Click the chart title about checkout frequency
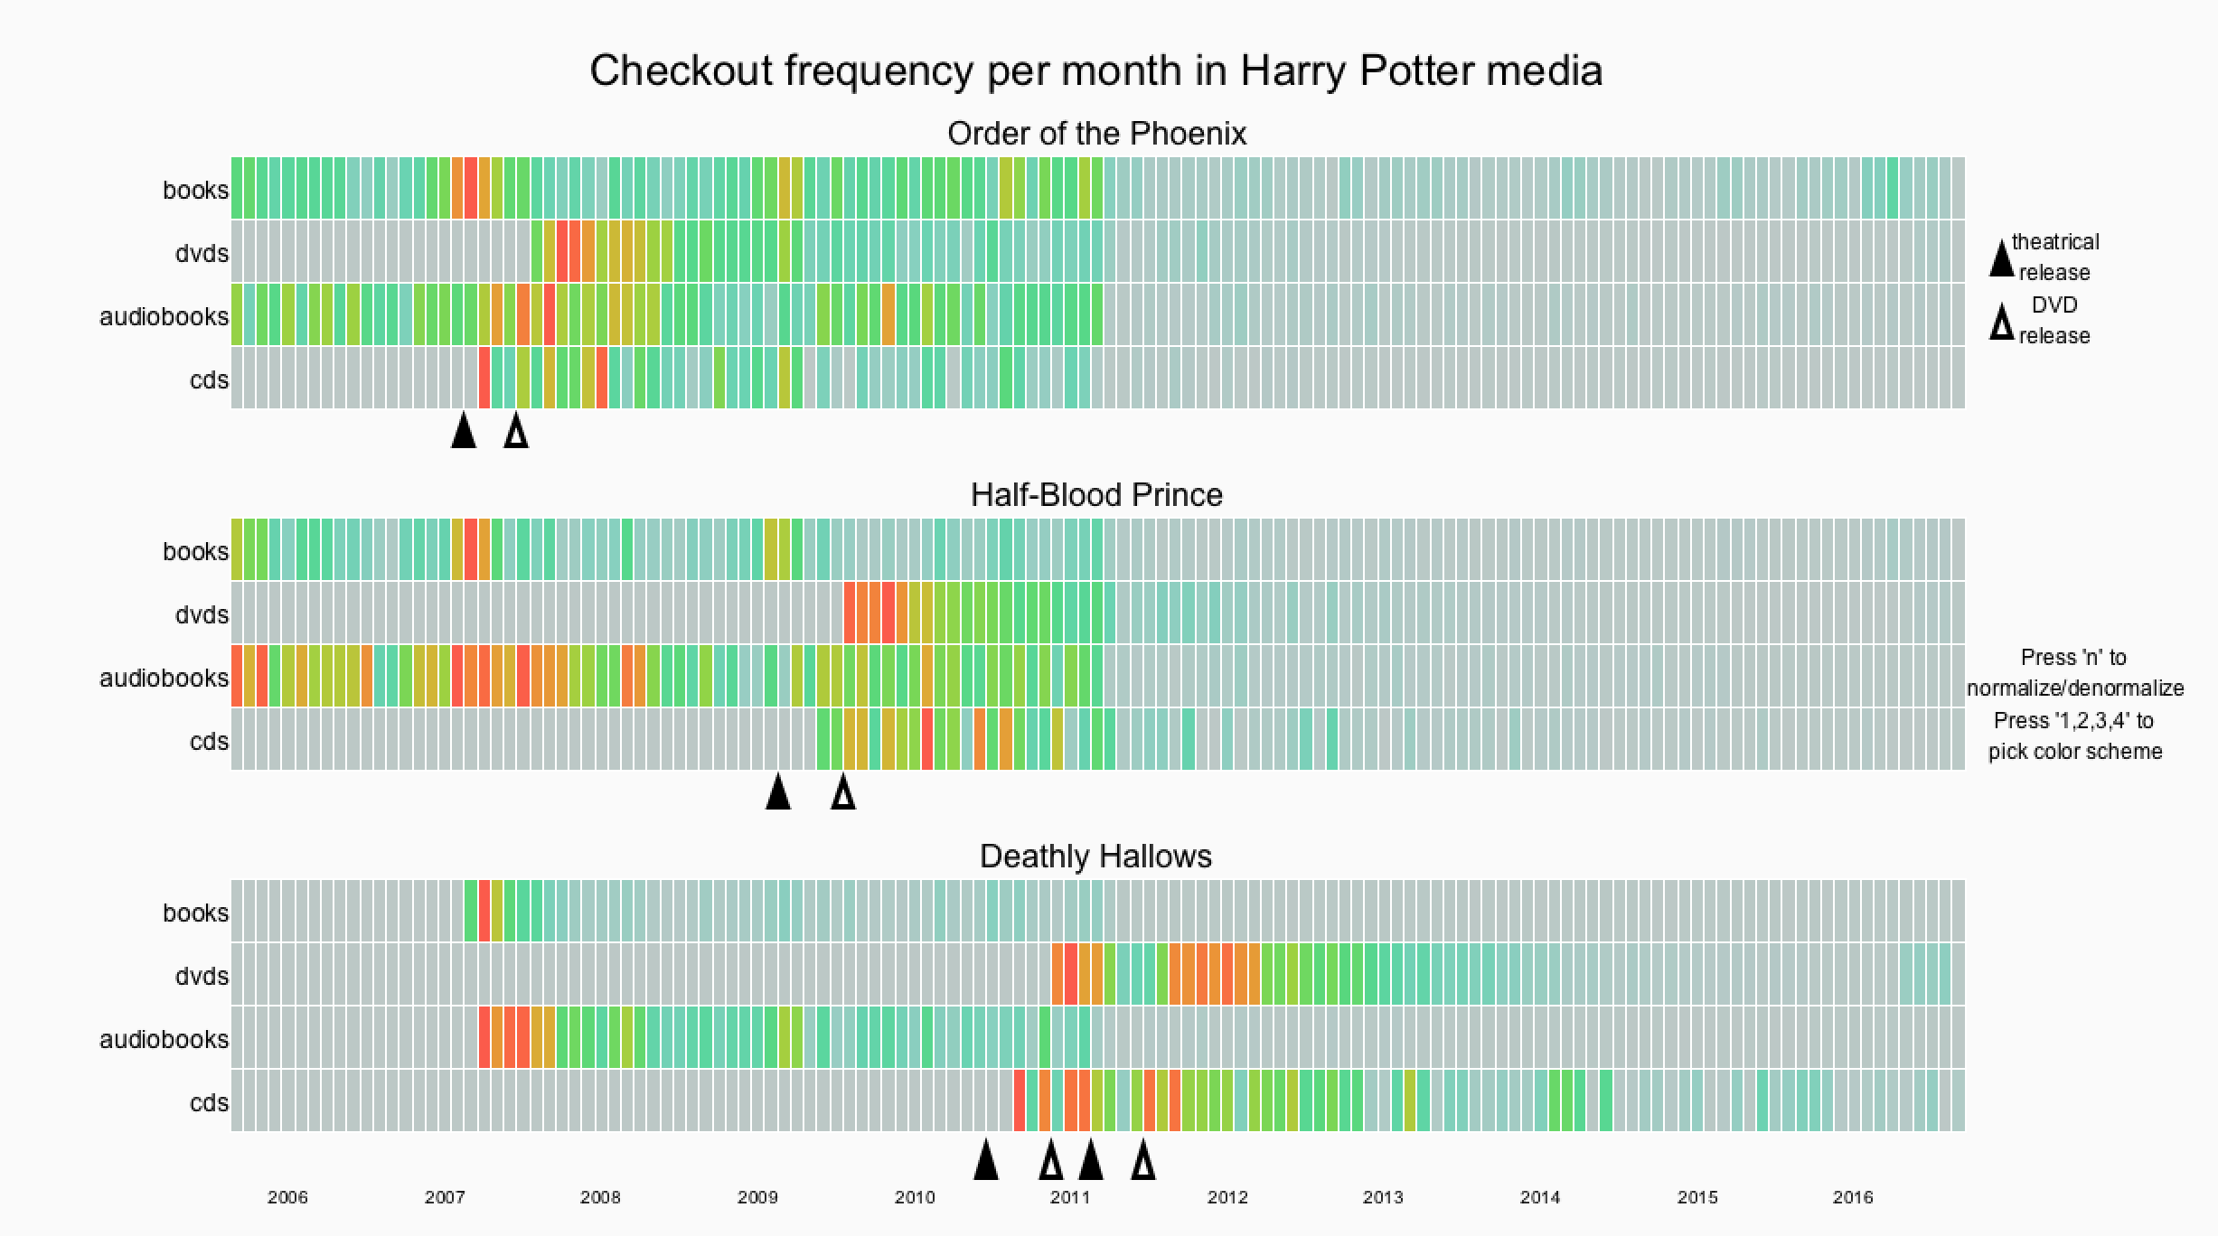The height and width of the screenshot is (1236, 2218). pyautogui.click(x=1095, y=70)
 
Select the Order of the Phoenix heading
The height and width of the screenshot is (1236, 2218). pyautogui.click(x=1096, y=134)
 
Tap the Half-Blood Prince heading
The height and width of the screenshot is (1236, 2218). pyautogui.click(x=1096, y=495)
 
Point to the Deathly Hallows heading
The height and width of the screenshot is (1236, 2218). pyautogui.click(x=1095, y=857)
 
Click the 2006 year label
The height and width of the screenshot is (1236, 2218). pyautogui.click(x=287, y=1198)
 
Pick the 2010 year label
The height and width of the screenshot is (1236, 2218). pyautogui.click(x=915, y=1198)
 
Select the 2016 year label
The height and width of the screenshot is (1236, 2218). pyautogui.click(x=1853, y=1198)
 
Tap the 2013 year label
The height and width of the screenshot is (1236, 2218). pyautogui.click(x=1383, y=1198)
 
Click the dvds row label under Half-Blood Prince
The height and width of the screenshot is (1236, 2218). pyautogui.click(x=202, y=615)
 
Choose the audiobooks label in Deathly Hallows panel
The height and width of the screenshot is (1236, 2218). pyautogui.click(x=164, y=1040)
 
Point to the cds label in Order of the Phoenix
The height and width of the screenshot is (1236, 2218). pyautogui.click(x=209, y=380)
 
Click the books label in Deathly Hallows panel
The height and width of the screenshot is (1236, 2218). pyautogui.click(x=195, y=913)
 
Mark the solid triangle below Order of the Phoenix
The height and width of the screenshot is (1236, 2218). pyautogui.click(x=464, y=431)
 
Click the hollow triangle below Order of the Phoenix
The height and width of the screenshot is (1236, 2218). pyautogui.click(x=516, y=431)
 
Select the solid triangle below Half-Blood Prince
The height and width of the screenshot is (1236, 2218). pyautogui.click(x=778, y=792)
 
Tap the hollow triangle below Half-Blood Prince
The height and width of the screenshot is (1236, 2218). pyautogui.click(x=843, y=792)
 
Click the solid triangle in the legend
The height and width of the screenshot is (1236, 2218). pyautogui.click(x=2002, y=258)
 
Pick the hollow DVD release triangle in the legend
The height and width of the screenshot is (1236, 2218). pyautogui.click(x=2002, y=322)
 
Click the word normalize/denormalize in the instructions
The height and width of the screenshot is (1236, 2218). pyautogui.click(x=2075, y=688)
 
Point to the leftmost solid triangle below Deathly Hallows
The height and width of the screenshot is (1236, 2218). pyautogui.click(x=986, y=1160)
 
